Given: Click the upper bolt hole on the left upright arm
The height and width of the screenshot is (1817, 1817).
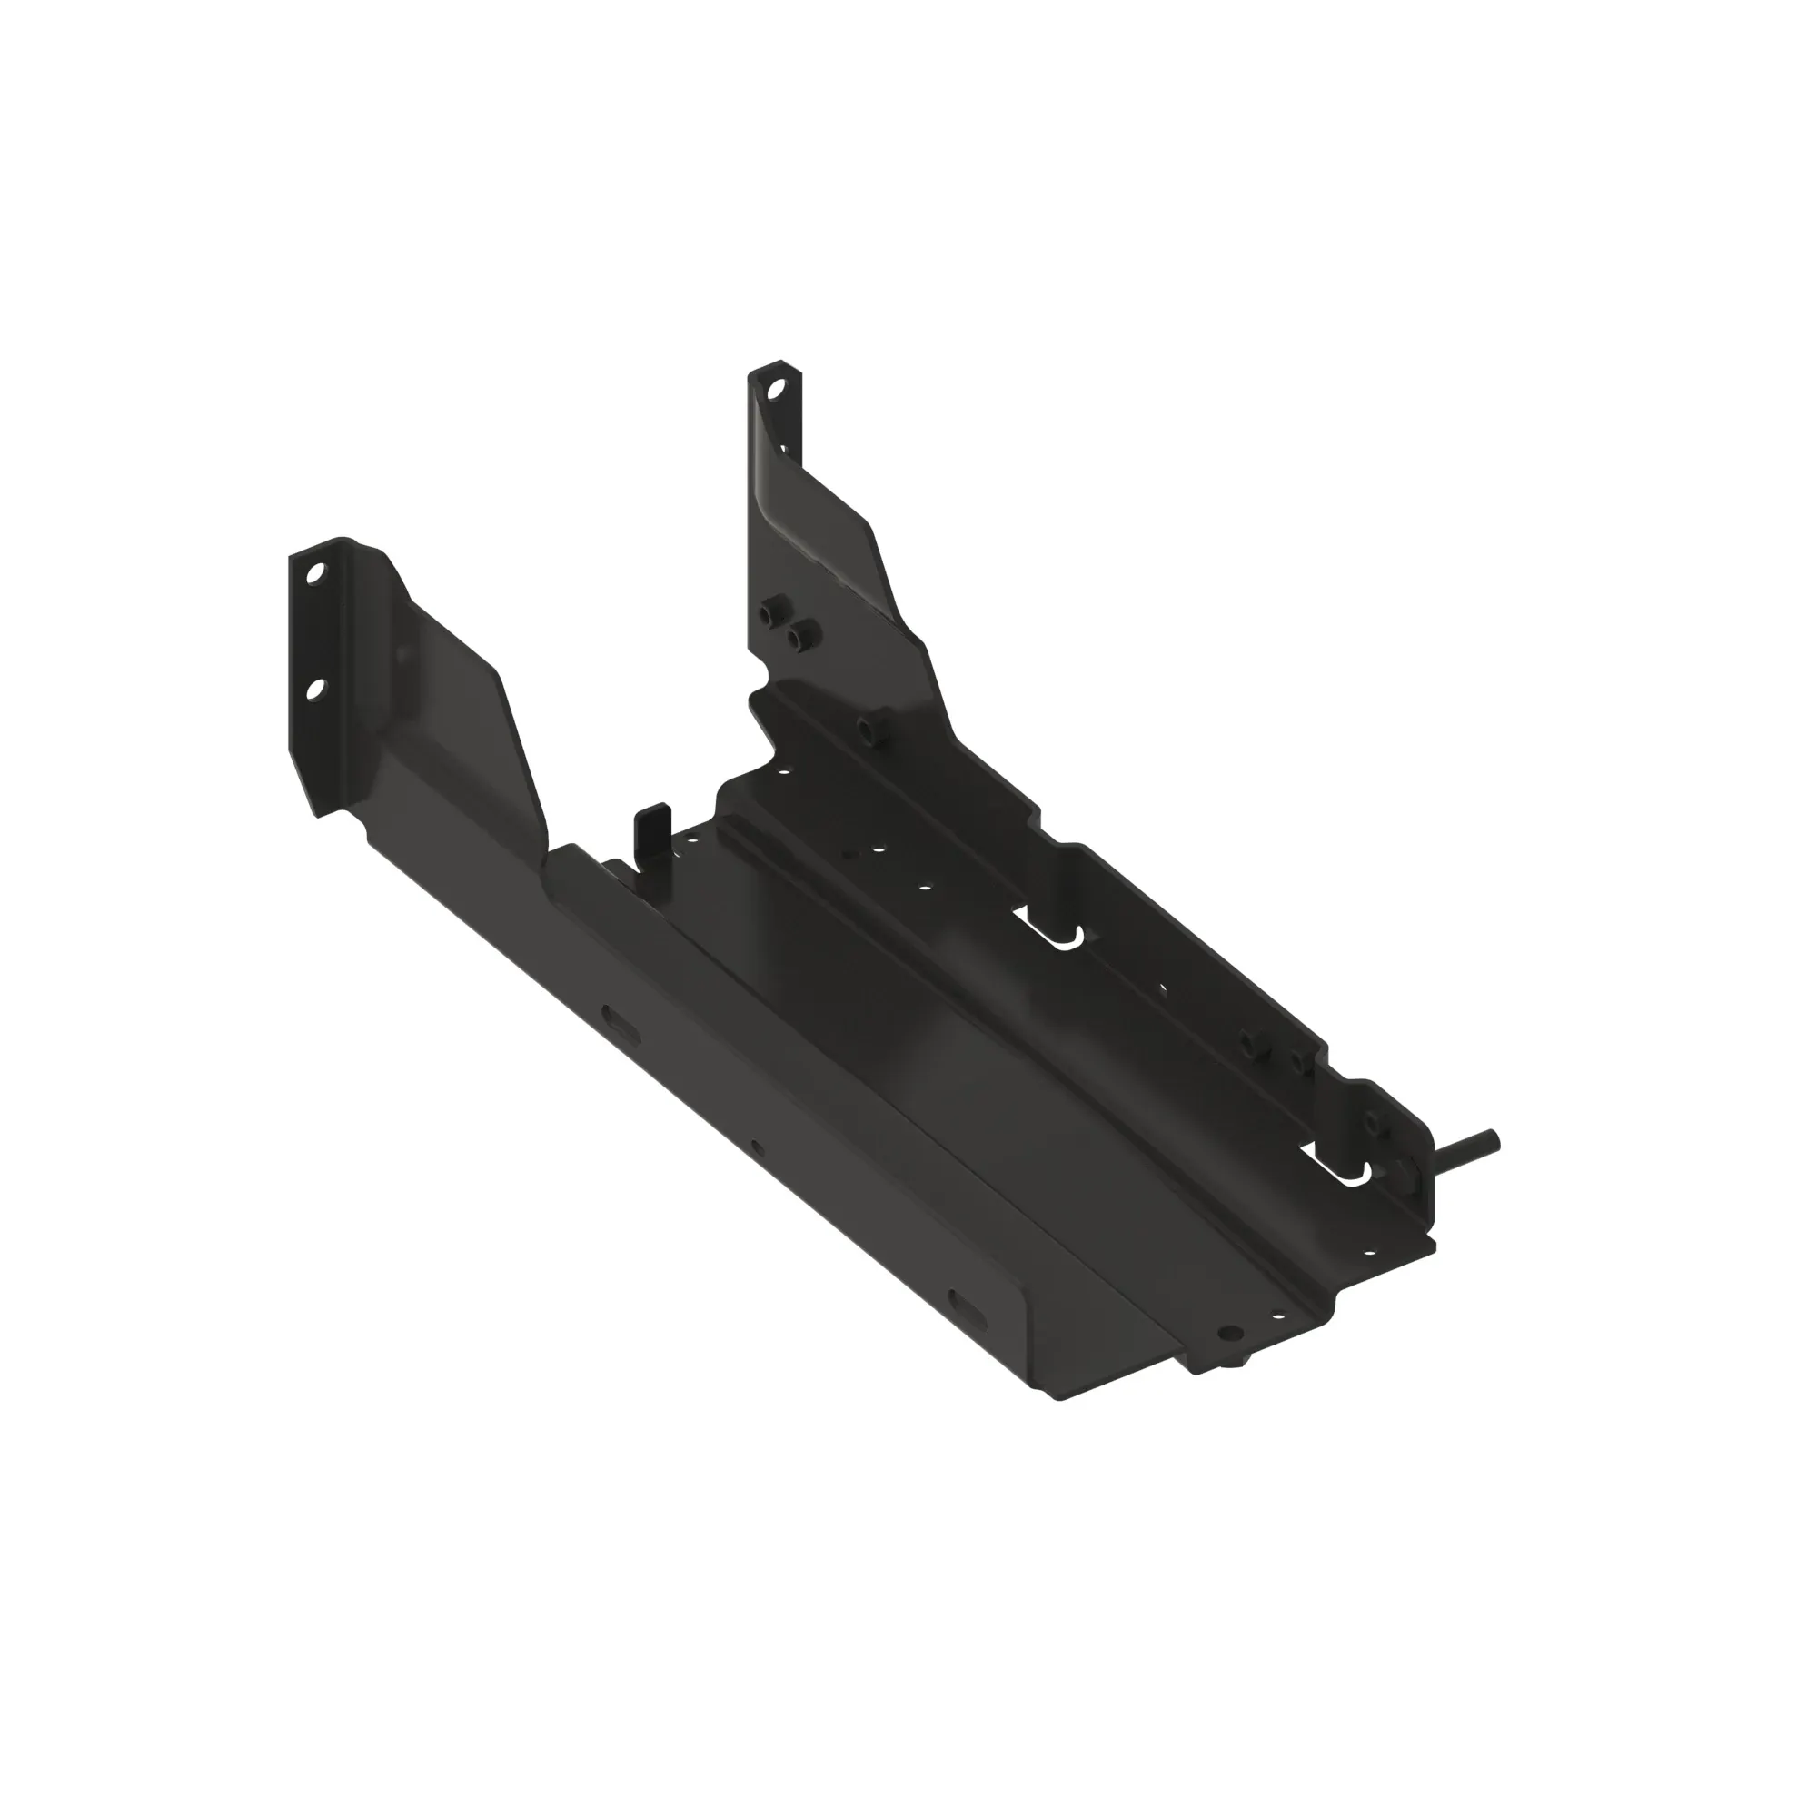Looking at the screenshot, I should [314, 571].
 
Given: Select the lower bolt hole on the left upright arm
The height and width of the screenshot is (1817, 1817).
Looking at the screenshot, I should [315, 690].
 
